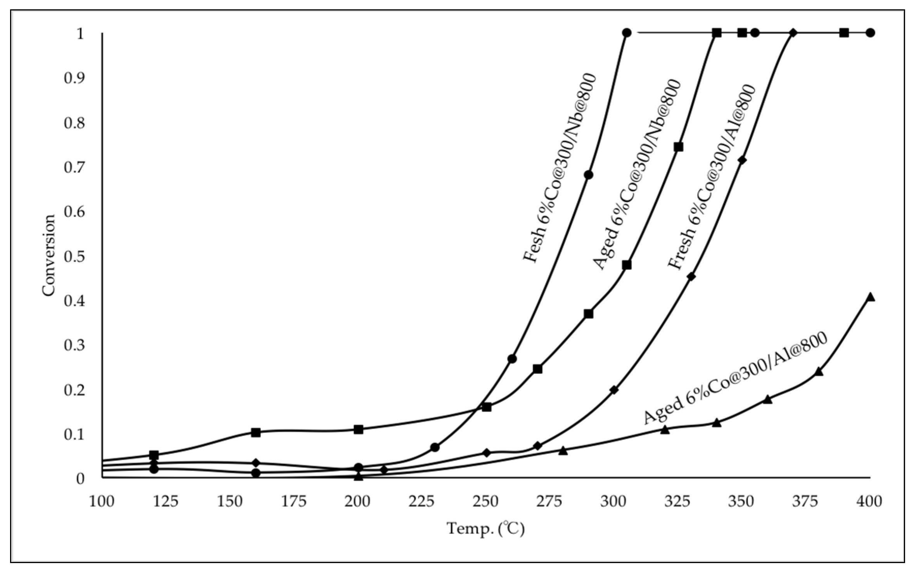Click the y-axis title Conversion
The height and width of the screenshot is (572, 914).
(49, 256)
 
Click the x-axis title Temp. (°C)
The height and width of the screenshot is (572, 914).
(486, 528)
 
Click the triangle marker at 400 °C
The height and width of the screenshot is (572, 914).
(870, 297)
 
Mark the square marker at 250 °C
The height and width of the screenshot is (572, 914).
(486, 407)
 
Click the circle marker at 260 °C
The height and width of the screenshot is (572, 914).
(512, 359)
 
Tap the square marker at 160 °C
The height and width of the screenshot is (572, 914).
(256, 432)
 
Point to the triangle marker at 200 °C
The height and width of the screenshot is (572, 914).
(358, 476)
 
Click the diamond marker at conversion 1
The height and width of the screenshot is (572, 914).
(793, 33)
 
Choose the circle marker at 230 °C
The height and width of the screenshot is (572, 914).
(435, 447)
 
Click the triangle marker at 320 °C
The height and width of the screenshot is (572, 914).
(665, 430)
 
